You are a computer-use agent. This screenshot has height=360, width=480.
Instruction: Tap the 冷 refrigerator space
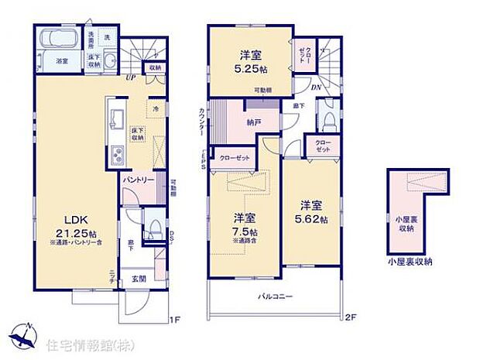(156, 108)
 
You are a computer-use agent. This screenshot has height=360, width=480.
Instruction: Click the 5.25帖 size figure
(249, 69)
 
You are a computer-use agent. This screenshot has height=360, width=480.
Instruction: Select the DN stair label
(316, 87)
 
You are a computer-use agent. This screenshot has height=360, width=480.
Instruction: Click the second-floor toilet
(328, 118)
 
